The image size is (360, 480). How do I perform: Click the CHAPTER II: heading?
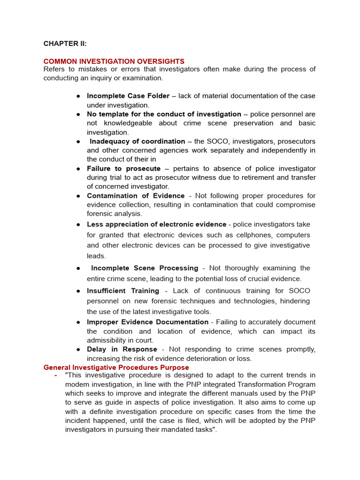(x=65, y=44)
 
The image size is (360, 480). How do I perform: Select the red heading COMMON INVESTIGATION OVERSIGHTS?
(x=114, y=61)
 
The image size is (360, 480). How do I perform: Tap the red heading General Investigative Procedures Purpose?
(x=116, y=367)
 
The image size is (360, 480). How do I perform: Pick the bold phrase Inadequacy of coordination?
(x=137, y=141)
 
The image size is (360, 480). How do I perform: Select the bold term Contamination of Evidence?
(x=135, y=195)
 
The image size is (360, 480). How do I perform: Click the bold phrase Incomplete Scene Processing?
(x=144, y=268)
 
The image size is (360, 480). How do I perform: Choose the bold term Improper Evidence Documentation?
(x=148, y=322)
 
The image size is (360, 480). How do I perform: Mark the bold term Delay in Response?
(x=122, y=349)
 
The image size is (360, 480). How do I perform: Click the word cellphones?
(x=255, y=235)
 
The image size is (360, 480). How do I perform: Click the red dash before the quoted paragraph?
(x=56, y=376)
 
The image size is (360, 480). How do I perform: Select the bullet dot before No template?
(x=79, y=114)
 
